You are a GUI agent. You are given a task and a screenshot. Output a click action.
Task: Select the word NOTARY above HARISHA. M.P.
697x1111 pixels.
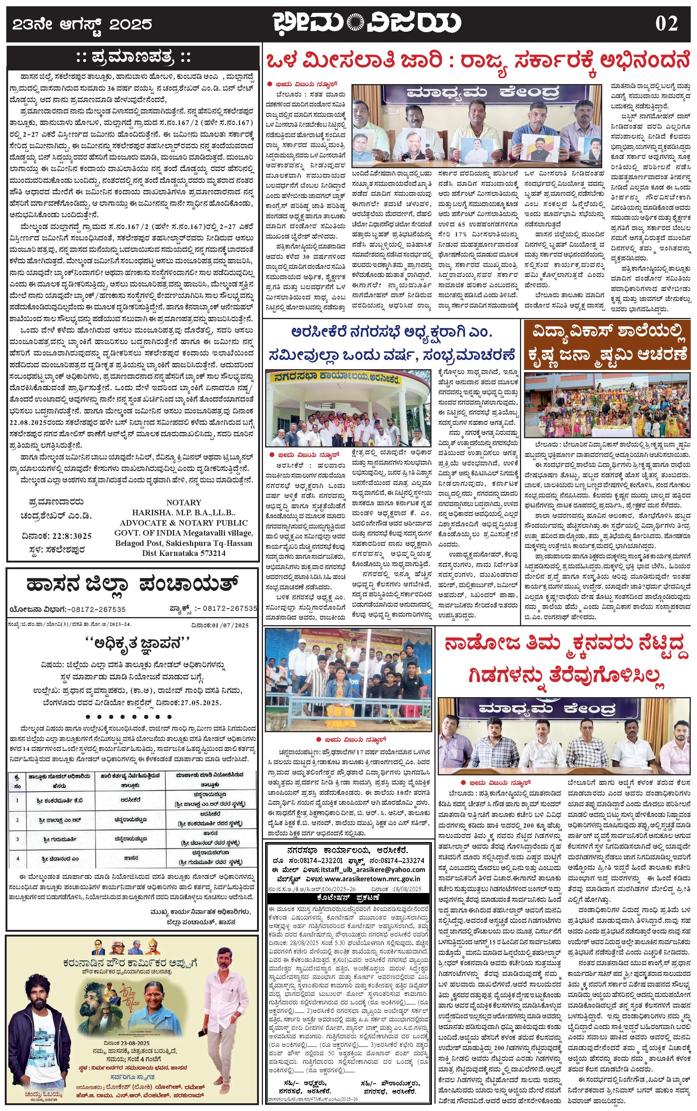184,502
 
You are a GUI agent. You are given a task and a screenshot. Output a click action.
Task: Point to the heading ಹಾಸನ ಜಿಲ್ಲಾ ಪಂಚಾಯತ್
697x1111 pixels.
132,585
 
